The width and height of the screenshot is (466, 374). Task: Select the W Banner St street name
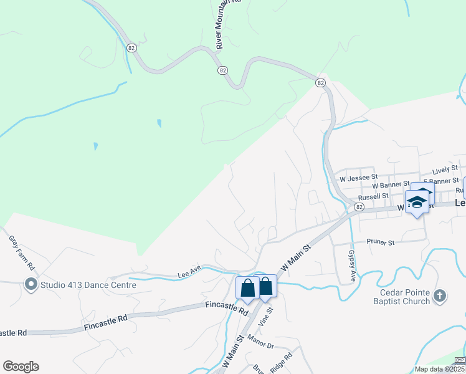390,185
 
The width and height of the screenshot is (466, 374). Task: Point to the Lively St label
445,169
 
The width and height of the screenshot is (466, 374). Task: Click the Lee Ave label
189,272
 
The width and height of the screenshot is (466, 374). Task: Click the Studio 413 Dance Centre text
88,285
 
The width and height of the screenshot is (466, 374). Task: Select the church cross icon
440,296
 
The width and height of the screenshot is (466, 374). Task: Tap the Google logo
21,367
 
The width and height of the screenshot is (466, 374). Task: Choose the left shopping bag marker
247,289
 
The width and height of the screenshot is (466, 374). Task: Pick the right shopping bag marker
266,287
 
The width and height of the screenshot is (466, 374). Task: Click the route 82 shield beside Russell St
359,206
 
